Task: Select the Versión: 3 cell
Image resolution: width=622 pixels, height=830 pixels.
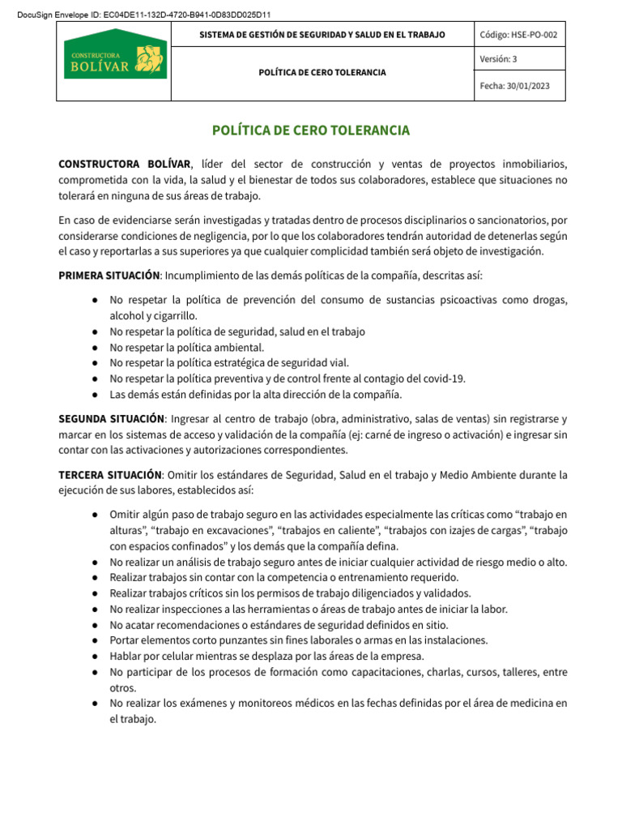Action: point(498,59)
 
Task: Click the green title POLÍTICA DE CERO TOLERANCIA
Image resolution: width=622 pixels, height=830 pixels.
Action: point(310,130)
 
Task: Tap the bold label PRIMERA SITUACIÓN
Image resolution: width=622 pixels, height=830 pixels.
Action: point(109,276)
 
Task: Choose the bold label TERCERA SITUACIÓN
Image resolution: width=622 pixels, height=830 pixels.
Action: point(109,474)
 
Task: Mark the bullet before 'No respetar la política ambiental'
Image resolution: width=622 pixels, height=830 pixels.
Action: point(95,347)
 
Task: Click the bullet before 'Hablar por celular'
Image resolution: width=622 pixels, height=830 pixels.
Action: point(95,657)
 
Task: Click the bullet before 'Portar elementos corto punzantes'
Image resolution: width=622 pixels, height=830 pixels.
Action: point(95,640)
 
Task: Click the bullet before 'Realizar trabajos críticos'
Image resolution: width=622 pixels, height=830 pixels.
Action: point(95,593)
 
